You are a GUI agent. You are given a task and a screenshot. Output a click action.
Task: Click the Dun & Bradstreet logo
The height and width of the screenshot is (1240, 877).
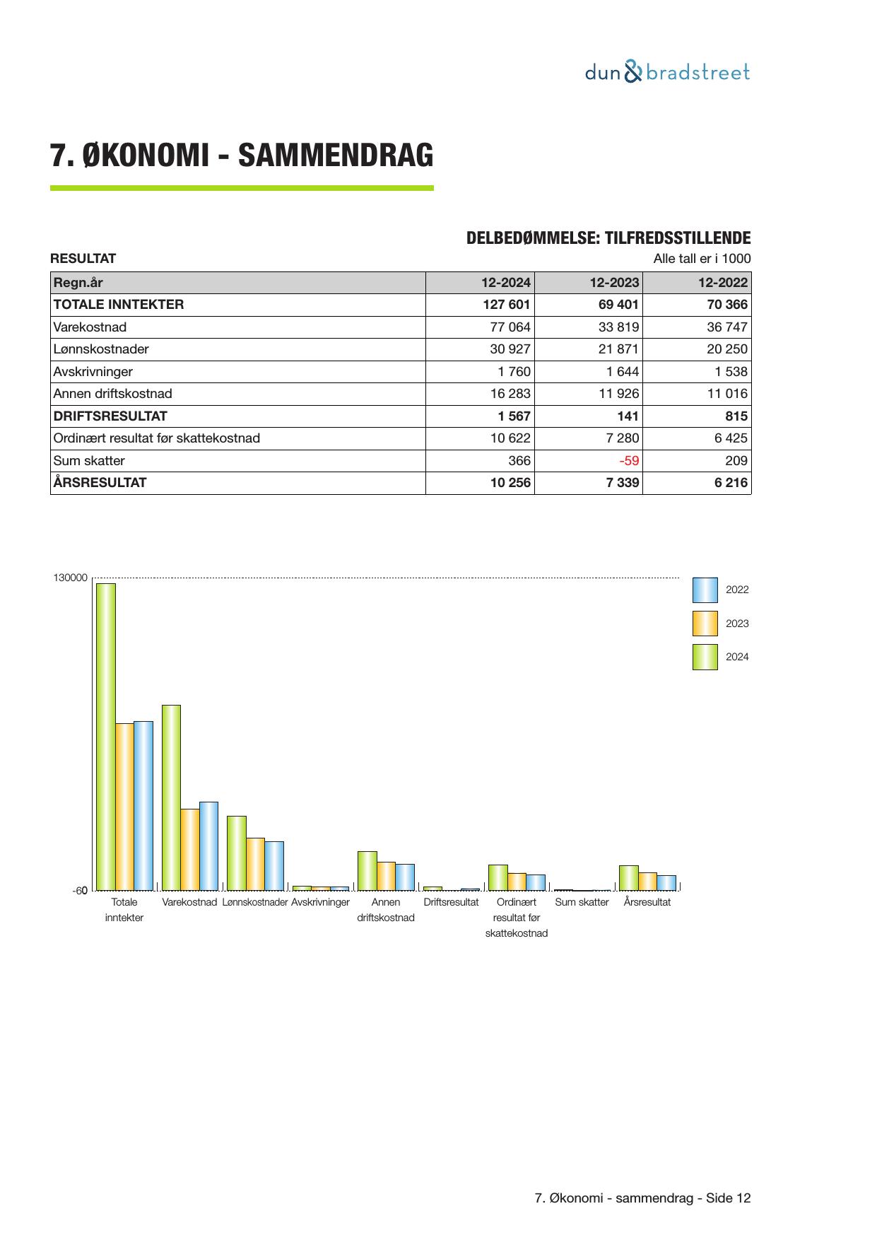click(x=667, y=72)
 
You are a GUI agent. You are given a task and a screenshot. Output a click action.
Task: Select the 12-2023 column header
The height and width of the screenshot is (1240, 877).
click(x=614, y=283)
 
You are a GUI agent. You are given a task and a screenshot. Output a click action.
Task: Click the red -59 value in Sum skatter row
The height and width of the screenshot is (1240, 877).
click(x=628, y=461)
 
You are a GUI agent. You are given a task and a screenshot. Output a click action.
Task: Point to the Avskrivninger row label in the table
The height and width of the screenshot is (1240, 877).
click(x=93, y=372)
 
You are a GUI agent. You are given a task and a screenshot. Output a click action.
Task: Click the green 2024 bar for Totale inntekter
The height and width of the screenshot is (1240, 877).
click(x=106, y=736)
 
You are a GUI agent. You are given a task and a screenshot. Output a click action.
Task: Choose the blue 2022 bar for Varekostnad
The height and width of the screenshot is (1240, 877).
click(x=208, y=846)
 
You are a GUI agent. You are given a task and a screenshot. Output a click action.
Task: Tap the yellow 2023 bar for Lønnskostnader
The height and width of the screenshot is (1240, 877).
click(x=255, y=864)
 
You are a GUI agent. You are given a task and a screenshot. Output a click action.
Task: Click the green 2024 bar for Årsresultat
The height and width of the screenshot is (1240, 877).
click(x=628, y=877)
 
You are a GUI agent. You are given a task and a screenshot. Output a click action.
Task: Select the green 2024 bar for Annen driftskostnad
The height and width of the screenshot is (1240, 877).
click(x=367, y=870)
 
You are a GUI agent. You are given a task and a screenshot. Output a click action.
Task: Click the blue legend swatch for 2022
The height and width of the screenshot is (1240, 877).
click(x=705, y=590)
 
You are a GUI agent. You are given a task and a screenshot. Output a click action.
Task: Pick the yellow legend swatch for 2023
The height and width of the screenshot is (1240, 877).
click(x=705, y=624)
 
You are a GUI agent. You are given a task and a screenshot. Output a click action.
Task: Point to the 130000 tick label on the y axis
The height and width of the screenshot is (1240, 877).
click(x=70, y=578)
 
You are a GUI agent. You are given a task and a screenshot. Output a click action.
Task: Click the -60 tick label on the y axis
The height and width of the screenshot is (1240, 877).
click(x=80, y=891)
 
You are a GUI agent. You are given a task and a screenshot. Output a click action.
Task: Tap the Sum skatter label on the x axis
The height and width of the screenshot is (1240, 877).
click(x=582, y=903)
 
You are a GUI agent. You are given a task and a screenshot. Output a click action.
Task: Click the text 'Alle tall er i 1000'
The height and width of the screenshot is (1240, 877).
click(x=702, y=259)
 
